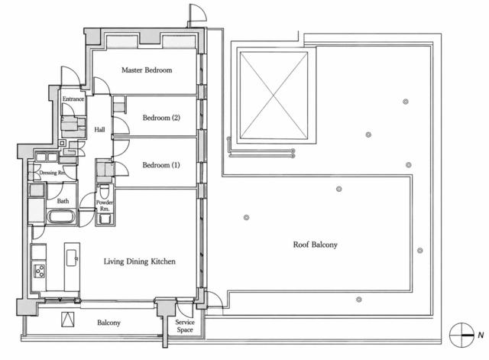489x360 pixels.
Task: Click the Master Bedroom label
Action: click(147, 70)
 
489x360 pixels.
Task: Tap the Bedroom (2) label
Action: click(161, 118)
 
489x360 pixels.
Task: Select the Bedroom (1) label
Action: click(161, 165)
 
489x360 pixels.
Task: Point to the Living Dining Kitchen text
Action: click(139, 261)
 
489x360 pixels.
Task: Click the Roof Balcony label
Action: click(315, 245)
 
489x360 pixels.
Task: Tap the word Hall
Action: click(99, 129)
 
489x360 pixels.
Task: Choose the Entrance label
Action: click(73, 99)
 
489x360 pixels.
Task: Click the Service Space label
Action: click(185, 326)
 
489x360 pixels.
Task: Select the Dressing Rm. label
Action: click(53, 173)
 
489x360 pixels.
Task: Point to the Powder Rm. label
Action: click(105, 206)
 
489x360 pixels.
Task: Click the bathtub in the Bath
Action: click(61, 217)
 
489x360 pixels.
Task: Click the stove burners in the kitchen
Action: click(39, 271)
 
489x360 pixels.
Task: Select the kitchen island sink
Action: click(72, 258)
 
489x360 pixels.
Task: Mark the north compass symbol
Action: click(461, 336)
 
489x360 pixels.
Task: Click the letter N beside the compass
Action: click(481, 336)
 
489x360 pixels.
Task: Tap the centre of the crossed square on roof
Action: click(274, 95)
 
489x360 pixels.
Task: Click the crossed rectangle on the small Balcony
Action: click(68, 319)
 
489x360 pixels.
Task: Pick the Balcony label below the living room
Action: click(108, 323)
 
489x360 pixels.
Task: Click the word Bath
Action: click(63, 201)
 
